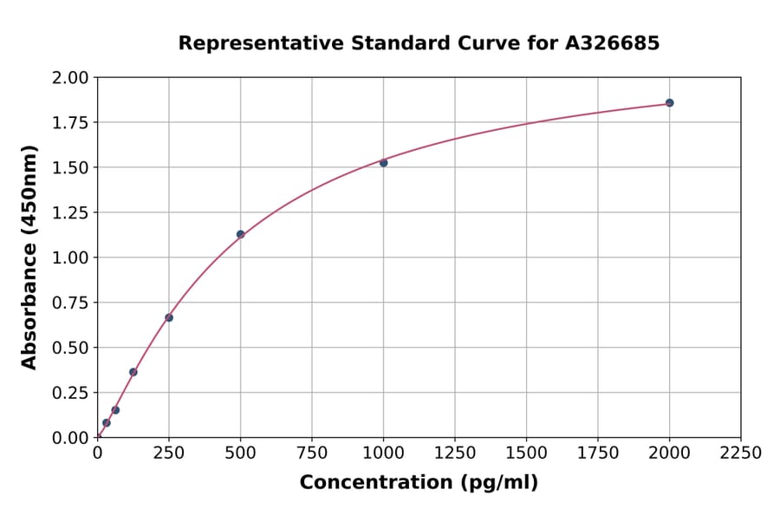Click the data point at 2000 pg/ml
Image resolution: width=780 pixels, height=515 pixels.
point(669,103)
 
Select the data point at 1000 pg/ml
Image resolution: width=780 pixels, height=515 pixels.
point(383,163)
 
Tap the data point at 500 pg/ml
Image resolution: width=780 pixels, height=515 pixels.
point(240,234)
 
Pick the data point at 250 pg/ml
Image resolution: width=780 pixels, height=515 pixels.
point(169,317)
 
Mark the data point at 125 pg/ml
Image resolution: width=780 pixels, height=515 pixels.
point(133,372)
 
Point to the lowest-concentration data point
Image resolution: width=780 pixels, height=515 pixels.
point(107,423)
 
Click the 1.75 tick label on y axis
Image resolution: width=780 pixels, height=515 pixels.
point(70,122)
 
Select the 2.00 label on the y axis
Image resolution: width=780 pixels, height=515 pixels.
point(70,78)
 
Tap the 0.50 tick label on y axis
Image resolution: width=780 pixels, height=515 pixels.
point(70,348)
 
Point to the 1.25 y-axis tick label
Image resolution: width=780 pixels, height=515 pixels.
point(70,212)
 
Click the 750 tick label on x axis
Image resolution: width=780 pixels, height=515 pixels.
point(312,453)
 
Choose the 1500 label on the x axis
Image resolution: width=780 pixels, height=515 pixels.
point(526,453)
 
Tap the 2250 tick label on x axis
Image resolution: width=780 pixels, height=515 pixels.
point(740,453)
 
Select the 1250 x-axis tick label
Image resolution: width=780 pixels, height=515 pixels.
point(455,453)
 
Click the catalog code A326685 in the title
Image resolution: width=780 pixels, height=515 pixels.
point(614,43)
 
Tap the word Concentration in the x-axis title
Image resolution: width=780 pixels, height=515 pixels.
point(376,483)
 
